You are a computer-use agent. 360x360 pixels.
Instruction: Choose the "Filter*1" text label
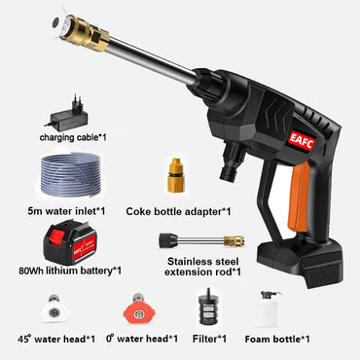pos(206,338)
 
